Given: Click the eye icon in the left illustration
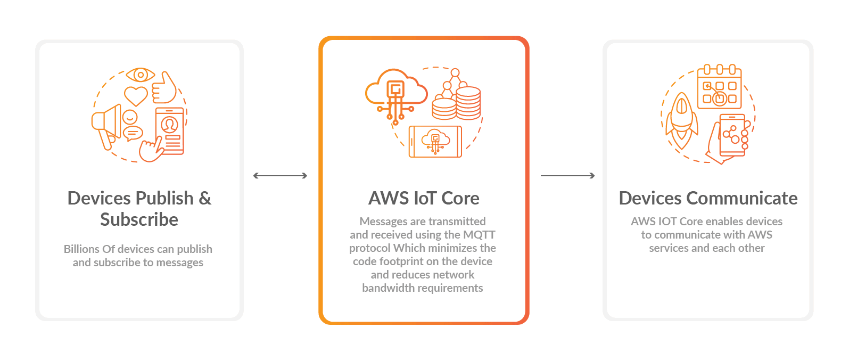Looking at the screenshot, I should click(x=141, y=75).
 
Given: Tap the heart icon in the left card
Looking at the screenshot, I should click(x=136, y=96).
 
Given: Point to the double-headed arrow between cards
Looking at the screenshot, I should click(x=280, y=176).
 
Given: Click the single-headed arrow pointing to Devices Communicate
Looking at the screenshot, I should click(x=567, y=176).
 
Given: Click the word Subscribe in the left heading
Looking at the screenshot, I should click(x=139, y=219).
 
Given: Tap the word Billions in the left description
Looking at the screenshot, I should click(x=81, y=249).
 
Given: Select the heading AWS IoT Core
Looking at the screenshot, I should click(x=424, y=198).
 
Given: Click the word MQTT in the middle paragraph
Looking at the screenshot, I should click(x=479, y=235).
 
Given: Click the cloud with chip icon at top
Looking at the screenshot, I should click(x=395, y=91).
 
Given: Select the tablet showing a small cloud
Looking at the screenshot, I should click(x=435, y=142).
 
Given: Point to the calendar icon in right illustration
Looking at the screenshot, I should click(x=719, y=88).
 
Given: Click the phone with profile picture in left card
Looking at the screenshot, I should click(x=170, y=131).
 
